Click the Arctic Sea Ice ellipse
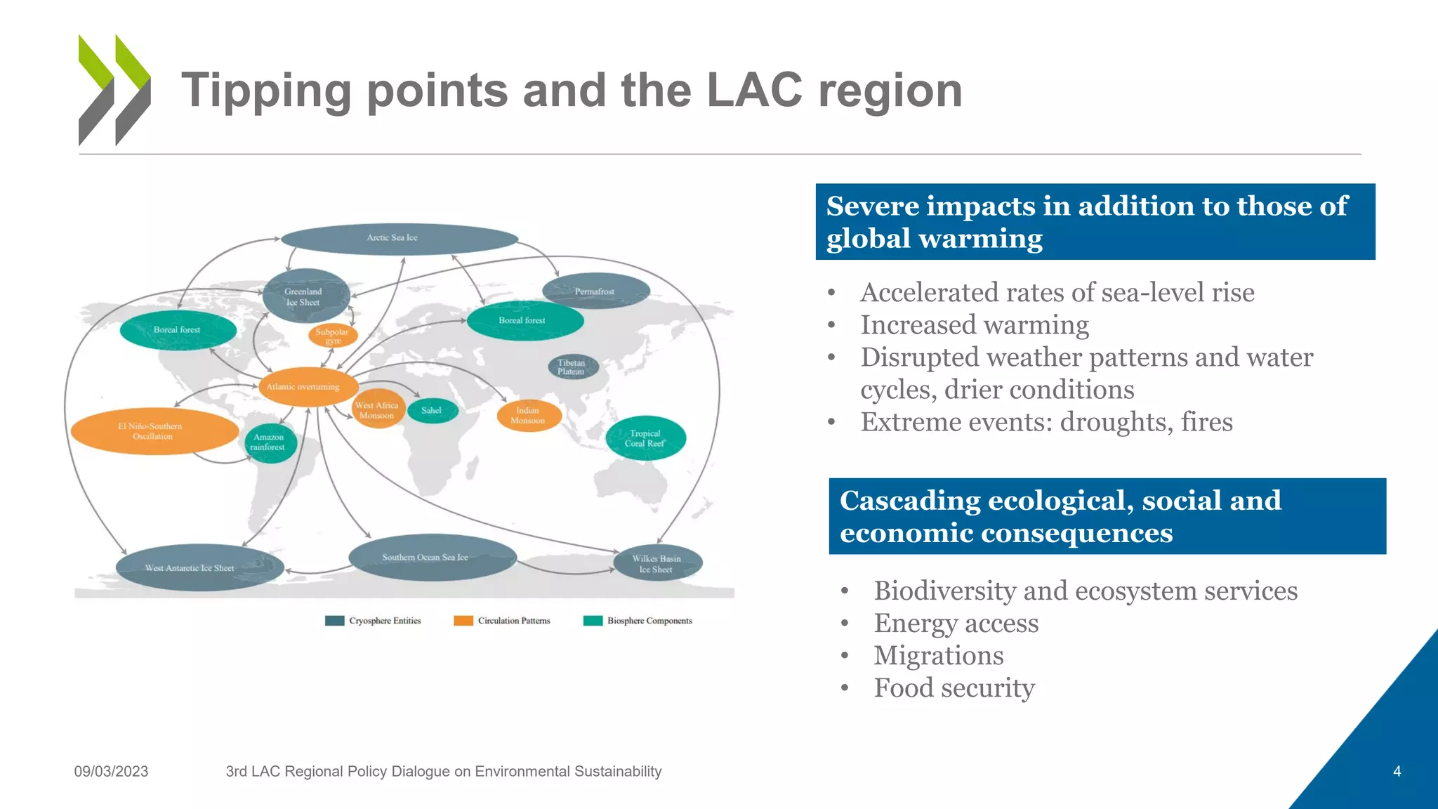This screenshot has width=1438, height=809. [x=399, y=239]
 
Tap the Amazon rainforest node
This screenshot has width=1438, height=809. [x=270, y=442]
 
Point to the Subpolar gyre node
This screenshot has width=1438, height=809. [x=333, y=336]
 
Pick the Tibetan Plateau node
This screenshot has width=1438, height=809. [x=572, y=367]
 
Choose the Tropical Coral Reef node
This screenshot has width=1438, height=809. [x=645, y=438]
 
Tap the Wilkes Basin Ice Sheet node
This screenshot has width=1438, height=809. [x=657, y=563]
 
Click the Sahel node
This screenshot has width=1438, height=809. [x=432, y=411]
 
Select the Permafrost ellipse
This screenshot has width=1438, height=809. [x=595, y=291]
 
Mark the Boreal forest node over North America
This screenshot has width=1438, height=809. [x=178, y=330]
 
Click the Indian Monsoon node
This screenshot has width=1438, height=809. [x=529, y=416]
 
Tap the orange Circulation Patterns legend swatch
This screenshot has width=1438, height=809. [x=463, y=621]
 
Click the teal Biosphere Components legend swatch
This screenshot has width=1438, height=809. [x=593, y=621]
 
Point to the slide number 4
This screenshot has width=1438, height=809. [x=1397, y=771]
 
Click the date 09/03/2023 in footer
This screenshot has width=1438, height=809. [x=111, y=771]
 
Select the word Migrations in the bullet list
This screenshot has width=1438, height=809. [x=938, y=656]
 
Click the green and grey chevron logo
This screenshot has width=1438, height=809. [x=114, y=90]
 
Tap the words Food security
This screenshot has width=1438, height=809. [x=954, y=688]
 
